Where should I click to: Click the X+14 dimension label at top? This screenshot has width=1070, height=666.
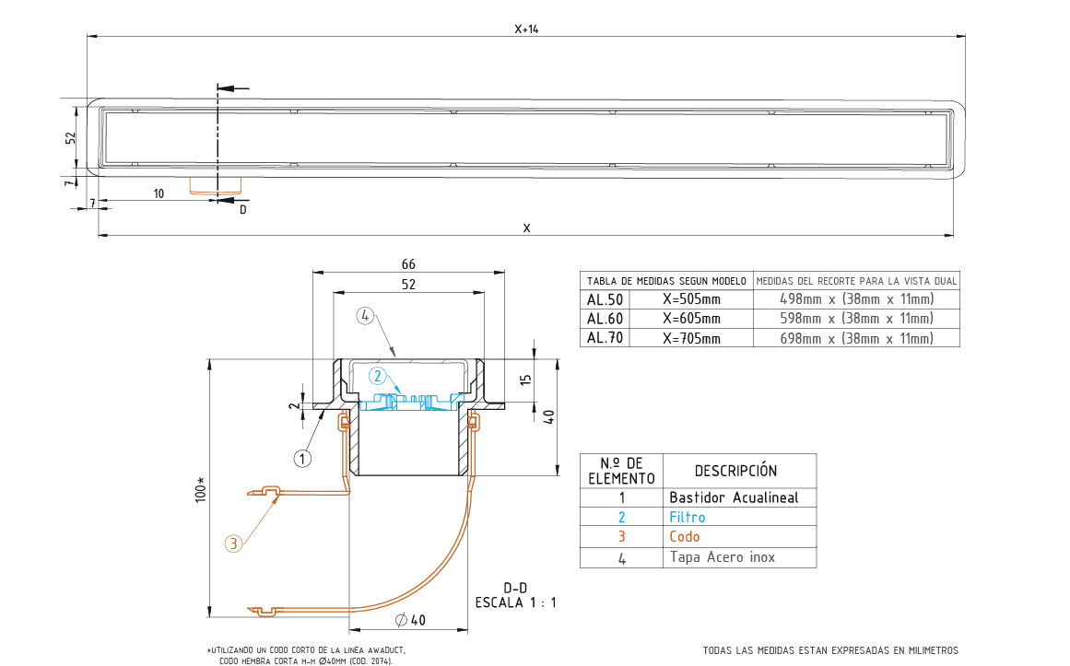click(526, 29)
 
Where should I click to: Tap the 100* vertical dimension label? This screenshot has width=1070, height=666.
click(201, 487)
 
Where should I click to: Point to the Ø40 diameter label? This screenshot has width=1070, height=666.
click(409, 620)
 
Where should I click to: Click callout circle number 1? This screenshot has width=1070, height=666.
click(303, 457)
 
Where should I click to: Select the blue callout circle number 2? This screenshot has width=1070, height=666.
click(377, 376)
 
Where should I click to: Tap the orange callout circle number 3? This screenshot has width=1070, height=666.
click(234, 544)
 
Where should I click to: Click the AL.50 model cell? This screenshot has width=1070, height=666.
click(605, 298)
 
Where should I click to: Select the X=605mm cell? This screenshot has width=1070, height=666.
click(691, 319)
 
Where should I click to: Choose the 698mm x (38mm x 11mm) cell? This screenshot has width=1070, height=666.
click(856, 338)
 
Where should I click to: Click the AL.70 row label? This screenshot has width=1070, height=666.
click(605, 338)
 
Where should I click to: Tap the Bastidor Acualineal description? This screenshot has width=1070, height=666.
click(734, 497)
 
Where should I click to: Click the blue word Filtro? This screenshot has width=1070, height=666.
click(688, 517)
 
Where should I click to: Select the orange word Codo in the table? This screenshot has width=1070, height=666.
click(685, 536)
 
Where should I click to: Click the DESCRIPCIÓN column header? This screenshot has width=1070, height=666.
click(735, 471)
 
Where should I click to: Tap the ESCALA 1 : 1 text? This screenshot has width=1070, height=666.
click(515, 603)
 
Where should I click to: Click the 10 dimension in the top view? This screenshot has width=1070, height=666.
click(159, 193)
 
